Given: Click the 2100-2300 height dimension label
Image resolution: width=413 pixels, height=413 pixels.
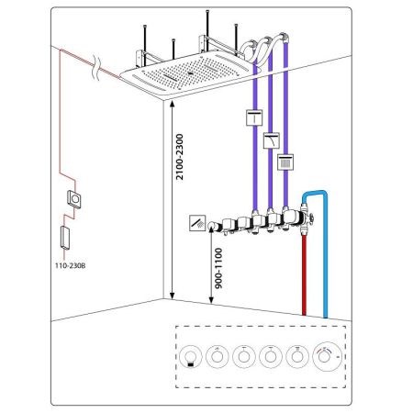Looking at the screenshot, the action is pyautogui.click(x=179, y=157).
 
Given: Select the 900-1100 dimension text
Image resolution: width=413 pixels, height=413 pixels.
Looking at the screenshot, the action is pyautogui.click(x=218, y=268).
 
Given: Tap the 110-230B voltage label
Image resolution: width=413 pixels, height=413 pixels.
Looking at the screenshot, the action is pyautogui.click(x=71, y=265).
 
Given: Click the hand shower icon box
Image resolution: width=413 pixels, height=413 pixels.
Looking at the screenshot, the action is pyautogui.click(x=197, y=223).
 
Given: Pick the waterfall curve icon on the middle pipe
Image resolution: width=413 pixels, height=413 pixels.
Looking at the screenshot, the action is pyautogui.click(x=272, y=140).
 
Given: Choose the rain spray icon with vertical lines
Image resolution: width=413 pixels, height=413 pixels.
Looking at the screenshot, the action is pyautogui.click(x=285, y=162).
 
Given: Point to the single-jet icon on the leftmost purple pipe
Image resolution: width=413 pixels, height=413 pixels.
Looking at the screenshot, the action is pyautogui.click(x=254, y=117).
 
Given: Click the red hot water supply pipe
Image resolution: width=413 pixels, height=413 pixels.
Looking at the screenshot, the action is pyautogui.click(x=304, y=274).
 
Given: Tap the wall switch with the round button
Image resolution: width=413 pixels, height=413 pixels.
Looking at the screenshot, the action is pyautogui.click(x=74, y=199).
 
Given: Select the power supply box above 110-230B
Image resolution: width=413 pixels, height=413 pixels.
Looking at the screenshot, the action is pyautogui.click(x=65, y=238).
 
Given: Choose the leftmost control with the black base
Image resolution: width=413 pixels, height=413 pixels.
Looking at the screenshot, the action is pyautogui.click(x=191, y=356).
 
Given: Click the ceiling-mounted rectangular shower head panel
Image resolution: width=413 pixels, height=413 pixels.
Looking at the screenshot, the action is pyautogui.click(x=191, y=75).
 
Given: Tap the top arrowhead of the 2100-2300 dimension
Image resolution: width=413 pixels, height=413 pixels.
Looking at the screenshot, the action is pyautogui.click(x=172, y=104).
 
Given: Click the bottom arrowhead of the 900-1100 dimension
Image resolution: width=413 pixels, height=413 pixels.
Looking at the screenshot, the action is pyautogui.click(x=211, y=301).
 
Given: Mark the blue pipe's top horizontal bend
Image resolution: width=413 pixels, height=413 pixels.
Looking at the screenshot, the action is pyautogui.click(x=315, y=193).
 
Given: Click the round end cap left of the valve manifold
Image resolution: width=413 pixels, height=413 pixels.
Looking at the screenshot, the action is pyautogui.click(x=212, y=226).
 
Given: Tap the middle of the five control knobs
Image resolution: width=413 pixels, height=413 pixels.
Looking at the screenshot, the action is pyautogui.click(x=244, y=356).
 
